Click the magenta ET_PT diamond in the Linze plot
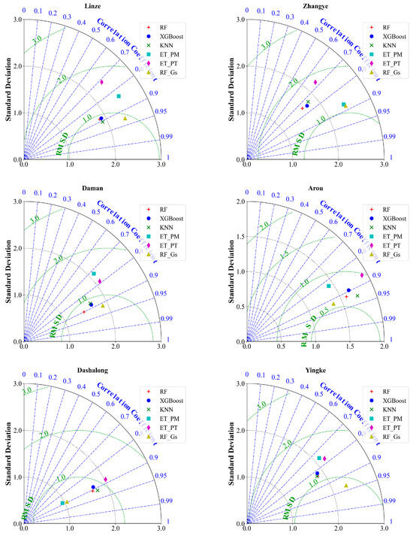pyautogui.click(x=101, y=82)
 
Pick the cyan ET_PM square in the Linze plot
pyautogui.click(x=119, y=96)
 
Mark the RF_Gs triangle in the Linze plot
pyautogui.click(x=125, y=118)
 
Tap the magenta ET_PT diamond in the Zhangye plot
pyautogui.click(x=315, y=82)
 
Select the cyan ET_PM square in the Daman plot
pyautogui.click(x=94, y=274)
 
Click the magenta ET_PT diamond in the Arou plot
pyautogui.click(x=361, y=275)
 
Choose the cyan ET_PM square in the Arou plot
pyautogui.click(x=329, y=286)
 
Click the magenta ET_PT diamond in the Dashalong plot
pyautogui.click(x=106, y=479)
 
